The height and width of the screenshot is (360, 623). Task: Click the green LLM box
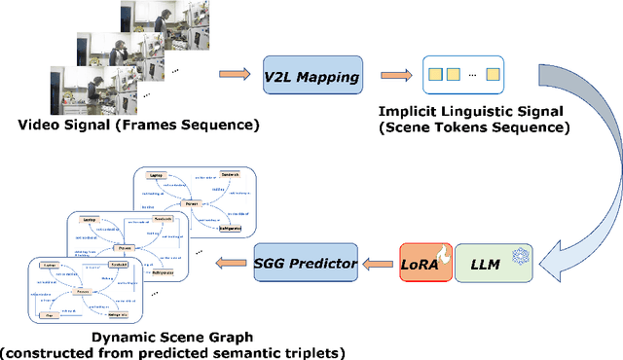click(x=492, y=262)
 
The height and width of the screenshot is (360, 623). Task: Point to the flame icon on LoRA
click(x=443, y=253)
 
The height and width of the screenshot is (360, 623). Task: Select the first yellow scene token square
click(x=434, y=75)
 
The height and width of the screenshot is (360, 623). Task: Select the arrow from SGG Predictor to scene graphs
click(x=232, y=262)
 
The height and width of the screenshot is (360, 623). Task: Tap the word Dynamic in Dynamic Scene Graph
click(x=121, y=338)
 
